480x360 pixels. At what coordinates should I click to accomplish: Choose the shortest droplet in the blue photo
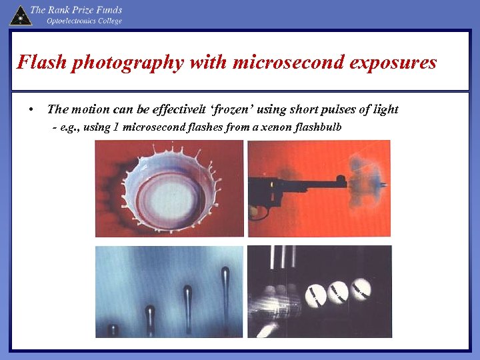pyautogui.click(x=113, y=329)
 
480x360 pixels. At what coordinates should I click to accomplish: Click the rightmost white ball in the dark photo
pyautogui.click(x=361, y=287)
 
